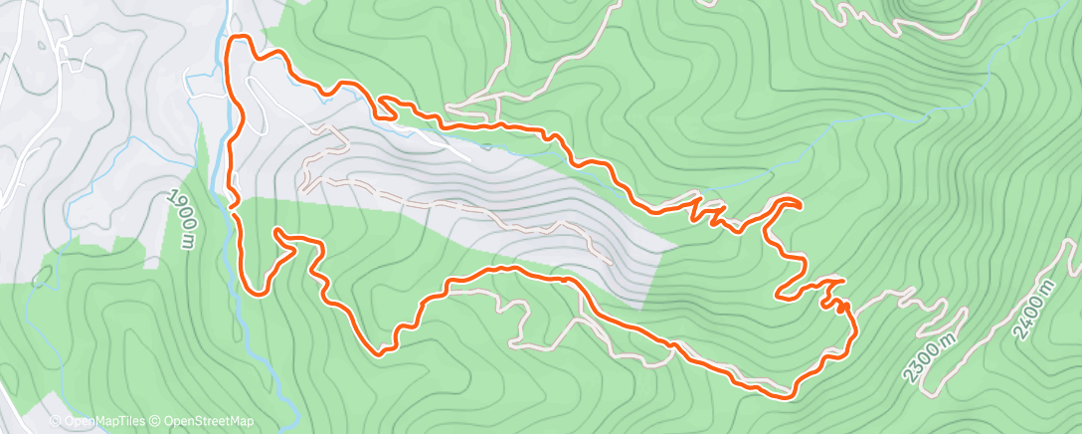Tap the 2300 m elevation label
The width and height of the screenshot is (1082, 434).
929,357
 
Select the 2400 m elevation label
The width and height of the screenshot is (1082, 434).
1035,311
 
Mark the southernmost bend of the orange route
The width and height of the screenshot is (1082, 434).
786,397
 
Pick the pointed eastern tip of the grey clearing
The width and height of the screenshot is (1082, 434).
676,243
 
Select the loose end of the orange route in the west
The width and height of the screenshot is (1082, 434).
276,231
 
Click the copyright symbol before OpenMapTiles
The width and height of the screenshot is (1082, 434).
56,422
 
